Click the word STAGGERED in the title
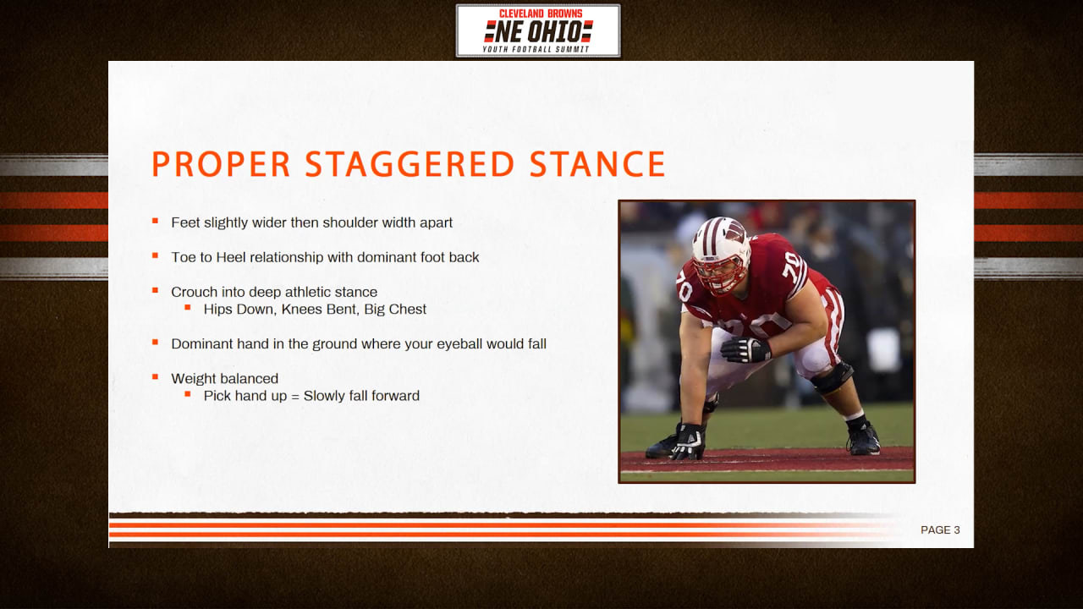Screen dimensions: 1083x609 (410, 164)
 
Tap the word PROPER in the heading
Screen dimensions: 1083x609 (221, 164)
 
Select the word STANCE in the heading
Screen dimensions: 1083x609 (597, 164)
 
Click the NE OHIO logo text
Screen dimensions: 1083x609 (538, 32)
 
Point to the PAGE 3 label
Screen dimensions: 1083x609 (940, 530)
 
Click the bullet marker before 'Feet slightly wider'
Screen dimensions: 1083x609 (155, 221)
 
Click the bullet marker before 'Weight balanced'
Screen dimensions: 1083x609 (155, 377)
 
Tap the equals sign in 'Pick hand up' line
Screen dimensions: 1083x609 (295, 397)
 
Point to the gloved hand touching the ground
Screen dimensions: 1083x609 (689, 442)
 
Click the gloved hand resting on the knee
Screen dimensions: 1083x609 (745, 349)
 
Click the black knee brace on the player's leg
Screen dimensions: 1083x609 (833, 377)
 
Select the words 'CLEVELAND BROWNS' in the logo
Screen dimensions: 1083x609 (541, 14)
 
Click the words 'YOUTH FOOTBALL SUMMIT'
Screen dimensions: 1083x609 (536, 49)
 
